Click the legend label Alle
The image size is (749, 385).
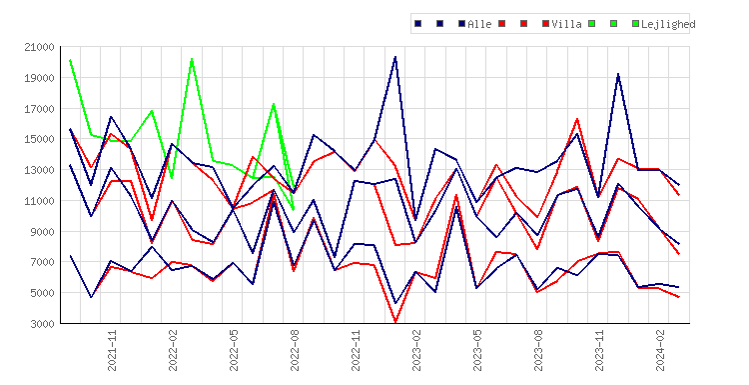(479, 24)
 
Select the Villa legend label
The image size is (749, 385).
(566, 24)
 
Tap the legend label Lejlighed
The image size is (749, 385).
(668, 24)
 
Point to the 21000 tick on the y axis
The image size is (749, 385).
(39, 47)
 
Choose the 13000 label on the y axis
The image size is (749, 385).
(39, 170)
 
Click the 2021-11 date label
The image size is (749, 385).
(112, 350)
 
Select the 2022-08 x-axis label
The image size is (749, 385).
(295, 350)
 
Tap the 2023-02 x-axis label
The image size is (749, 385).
(416, 350)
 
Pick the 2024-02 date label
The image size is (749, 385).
(660, 350)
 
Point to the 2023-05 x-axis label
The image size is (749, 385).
(477, 350)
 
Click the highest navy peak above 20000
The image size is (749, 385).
(395, 57)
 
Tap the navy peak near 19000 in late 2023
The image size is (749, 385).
(618, 74)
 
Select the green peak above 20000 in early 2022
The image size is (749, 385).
(192, 59)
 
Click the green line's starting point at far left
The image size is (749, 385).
(70, 60)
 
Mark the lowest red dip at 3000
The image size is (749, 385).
(395, 322)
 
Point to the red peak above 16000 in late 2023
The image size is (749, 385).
(577, 119)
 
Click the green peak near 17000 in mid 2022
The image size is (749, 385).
(274, 104)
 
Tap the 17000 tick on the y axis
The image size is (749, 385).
(39, 109)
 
